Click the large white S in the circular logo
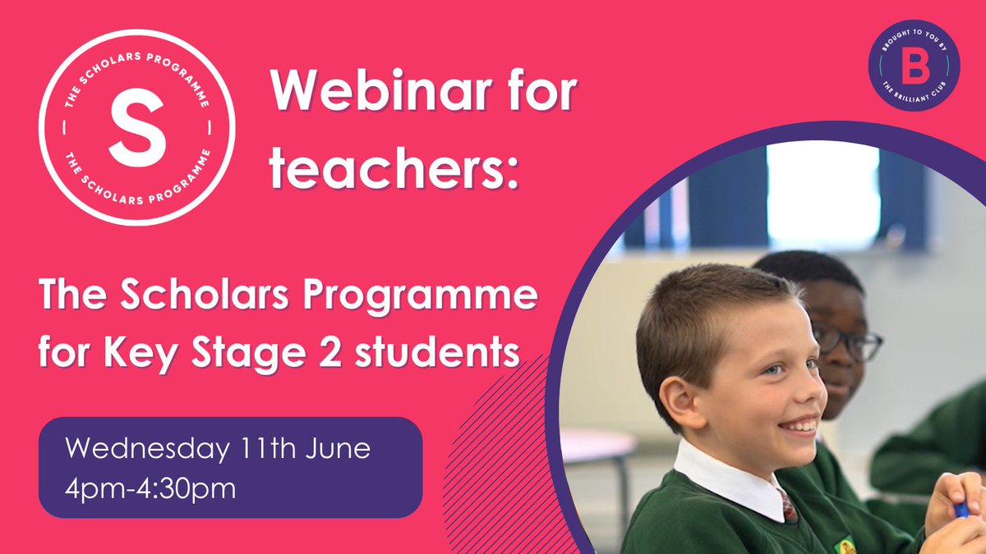tap(136, 128)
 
